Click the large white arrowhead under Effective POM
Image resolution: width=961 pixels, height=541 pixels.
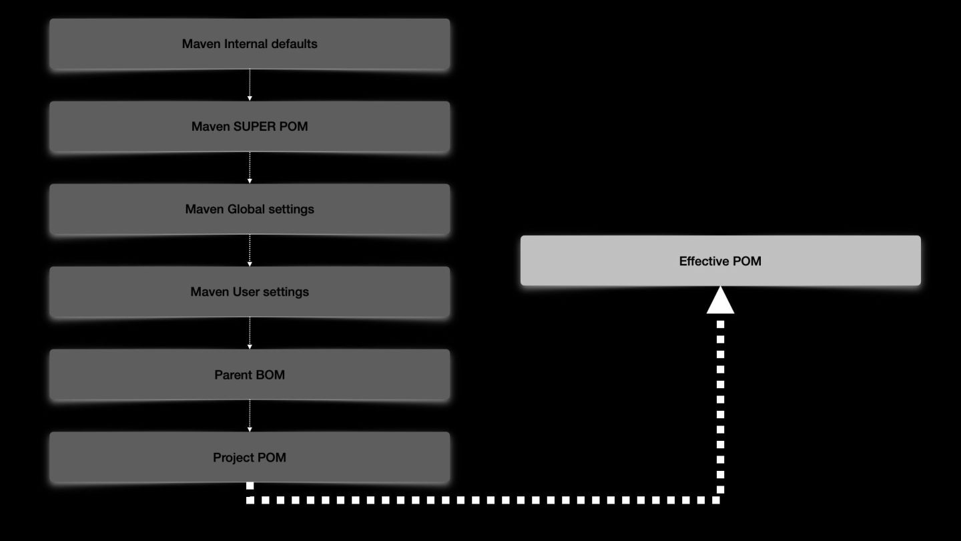point(720,301)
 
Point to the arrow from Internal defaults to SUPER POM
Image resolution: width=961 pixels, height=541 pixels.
point(250,85)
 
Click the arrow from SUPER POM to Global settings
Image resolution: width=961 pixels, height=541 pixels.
point(250,168)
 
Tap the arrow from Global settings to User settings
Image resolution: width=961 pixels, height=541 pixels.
point(250,250)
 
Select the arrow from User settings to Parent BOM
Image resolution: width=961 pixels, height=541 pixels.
point(250,333)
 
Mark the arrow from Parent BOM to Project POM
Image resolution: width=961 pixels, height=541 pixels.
point(250,416)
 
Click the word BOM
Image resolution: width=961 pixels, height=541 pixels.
point(269,375)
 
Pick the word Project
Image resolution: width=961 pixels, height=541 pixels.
point(233,458)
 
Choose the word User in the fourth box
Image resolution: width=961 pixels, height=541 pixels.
point(245,292)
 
